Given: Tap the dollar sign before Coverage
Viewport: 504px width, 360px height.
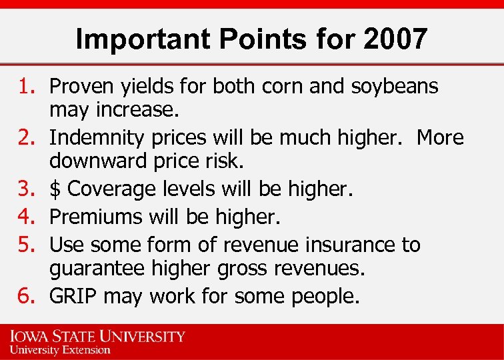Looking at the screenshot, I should pyautogui.click(x=55, y=189).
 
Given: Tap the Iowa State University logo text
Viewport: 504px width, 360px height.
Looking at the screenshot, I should pyautogui.click(x=97, y=337).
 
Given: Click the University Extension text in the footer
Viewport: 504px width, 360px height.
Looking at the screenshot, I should pyautogui.click(x=59, y=349).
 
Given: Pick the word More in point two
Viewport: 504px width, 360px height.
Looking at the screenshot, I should pyautogui.click(x=440, y=137).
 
